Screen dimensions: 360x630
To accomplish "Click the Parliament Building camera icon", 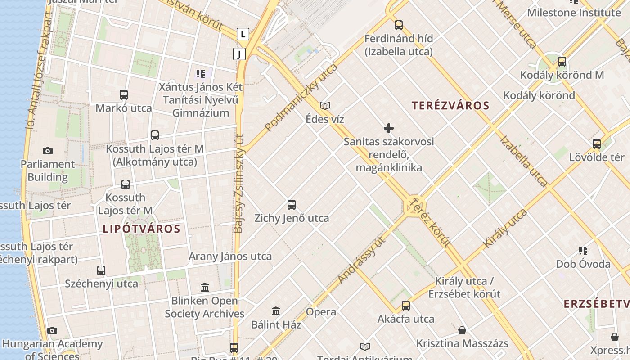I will tap(47, 151).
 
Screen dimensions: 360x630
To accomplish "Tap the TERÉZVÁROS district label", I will tap(450, 106).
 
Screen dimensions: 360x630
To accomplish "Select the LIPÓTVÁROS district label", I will tap(141, 229).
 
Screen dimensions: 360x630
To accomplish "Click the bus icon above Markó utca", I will tap(124, 95).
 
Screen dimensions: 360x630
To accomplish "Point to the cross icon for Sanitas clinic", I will tap(389, 129).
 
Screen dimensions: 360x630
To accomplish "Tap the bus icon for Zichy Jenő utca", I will tap(292, 205).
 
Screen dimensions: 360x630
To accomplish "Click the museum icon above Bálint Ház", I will tap(276, 311).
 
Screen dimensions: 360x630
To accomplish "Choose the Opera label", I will tap(321, 312).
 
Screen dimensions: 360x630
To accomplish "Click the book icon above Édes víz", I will tap(325, 106).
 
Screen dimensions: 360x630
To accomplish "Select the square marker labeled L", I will tap(243, 34).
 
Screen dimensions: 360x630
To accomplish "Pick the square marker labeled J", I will tap(239, 54).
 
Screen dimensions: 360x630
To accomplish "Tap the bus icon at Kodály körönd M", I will tap(562, 62).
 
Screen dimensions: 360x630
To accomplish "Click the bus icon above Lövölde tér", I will tap(597, 144).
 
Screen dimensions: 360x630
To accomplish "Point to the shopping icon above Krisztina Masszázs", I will tap(462, 331).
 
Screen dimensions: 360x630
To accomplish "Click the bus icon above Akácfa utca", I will tap(406, 306).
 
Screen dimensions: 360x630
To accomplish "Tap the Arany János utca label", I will tap(230, 256).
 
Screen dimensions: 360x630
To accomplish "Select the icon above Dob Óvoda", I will tap(583, 251).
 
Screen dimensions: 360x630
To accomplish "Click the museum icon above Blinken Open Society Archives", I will tap(205, 287).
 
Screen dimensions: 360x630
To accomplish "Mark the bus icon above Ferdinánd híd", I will tap(398, 25).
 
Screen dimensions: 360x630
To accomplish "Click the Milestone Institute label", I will tap(574, 12).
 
